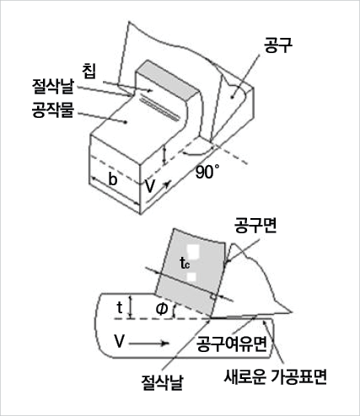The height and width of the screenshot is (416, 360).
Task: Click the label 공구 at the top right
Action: [x=278, y=45]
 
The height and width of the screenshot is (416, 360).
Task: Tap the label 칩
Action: [x=89, y=72]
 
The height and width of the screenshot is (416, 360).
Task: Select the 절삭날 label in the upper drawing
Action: [x=52, y=87]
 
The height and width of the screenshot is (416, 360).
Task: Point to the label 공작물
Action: [x=53, y=109]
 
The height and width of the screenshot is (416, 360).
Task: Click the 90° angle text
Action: [x=207, y=172]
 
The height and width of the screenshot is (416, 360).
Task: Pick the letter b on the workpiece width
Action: [x=112, y=179]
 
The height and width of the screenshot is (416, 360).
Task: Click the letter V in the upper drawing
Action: [x=150, y=186]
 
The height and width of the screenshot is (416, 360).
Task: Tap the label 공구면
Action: [x=255, y=225]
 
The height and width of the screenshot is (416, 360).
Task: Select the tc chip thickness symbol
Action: [x=185, y=263]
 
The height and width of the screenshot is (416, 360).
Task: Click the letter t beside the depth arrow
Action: [x=120, y=307]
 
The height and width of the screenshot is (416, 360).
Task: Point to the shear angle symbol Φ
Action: [x=162, y=309]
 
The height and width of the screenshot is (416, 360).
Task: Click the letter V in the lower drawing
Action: [x=119, y=342]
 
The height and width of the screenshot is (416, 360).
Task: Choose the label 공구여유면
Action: [x=231, y=344]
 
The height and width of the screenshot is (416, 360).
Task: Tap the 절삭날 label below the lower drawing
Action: [x=162, y=381]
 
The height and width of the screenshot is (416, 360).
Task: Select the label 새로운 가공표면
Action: [x=275, y=376]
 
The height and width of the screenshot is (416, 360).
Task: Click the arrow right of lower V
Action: [x=149, y=344]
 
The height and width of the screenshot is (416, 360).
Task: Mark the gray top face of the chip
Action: [x=168, y=81]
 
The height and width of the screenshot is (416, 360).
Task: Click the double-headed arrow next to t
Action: [x=130, y=307]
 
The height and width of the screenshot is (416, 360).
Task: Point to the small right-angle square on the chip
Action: [x=214, y=296]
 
